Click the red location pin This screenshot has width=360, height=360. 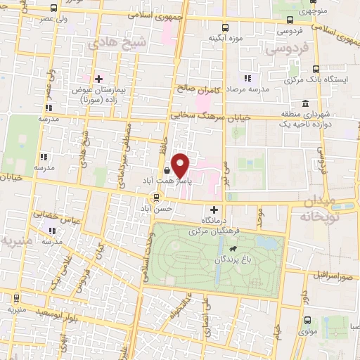(181, 165)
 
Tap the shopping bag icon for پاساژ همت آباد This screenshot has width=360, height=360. (166, 170)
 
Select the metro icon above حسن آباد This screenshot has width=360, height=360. (160, 198)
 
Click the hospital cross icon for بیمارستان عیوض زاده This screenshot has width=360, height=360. (99, 79)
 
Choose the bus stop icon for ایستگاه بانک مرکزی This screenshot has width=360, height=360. (316, 69)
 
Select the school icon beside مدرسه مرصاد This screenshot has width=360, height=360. (247, 79)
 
